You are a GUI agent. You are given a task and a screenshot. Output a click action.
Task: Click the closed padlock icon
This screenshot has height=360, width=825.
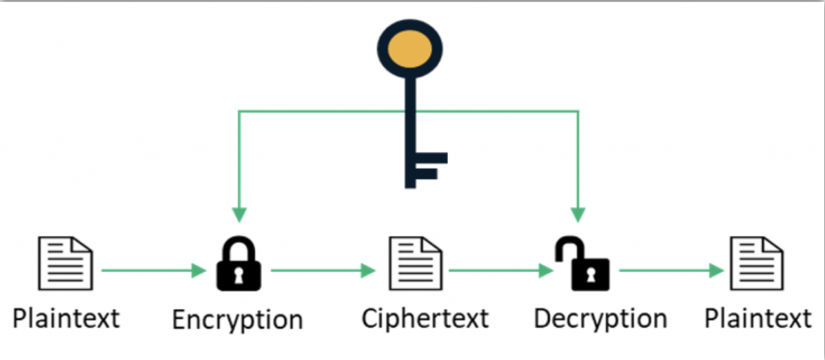click(238, 264)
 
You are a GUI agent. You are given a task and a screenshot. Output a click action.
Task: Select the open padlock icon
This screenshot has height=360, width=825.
click(578, 264)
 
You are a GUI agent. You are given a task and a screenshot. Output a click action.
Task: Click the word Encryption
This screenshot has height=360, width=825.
click(238, 319)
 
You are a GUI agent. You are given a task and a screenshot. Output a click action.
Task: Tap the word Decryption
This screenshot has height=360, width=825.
click(600, 318)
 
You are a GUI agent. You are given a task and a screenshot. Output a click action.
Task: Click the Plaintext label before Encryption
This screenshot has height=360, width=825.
click(67, 317)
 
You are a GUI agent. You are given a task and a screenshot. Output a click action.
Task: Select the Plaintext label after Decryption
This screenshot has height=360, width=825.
click(757, 317)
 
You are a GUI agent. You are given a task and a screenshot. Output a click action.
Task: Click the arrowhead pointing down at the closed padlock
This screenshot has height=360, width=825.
click(238, 214)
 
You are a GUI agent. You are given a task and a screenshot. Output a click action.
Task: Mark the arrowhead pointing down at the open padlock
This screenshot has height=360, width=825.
click(578, 214)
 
